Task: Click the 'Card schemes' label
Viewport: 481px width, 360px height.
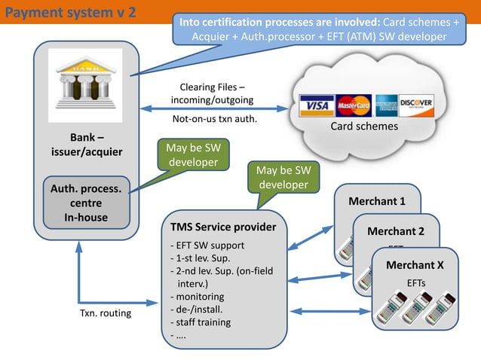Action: (364, 127)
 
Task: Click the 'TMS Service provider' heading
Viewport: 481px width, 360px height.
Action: (223, 227)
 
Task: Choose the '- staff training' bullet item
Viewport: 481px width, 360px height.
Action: (201, 322)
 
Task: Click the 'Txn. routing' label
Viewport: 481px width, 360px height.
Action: (105, 313)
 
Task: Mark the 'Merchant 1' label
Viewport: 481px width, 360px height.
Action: (376, 201)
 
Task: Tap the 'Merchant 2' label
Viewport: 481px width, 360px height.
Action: (395, 231)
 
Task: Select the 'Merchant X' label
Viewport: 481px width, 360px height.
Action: (414, 264)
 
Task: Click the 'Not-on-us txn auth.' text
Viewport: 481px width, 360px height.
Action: (214, 118)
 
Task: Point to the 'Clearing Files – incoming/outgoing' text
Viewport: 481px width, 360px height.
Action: (212, 93)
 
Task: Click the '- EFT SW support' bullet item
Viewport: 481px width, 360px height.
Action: (207, 246)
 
